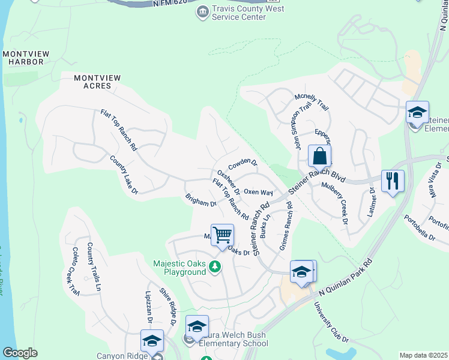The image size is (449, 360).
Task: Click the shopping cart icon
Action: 222,235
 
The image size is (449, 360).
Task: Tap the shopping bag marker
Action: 320,157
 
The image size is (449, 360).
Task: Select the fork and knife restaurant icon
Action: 393,180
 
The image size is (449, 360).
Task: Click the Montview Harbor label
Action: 23,58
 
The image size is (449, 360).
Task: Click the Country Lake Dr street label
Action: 124,175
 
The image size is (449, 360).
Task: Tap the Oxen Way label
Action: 259,193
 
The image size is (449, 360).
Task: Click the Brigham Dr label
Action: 200,200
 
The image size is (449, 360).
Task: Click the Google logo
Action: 20,353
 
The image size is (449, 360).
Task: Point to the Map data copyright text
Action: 423,355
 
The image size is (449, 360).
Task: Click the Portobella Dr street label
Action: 420,227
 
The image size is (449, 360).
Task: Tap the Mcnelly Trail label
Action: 312,102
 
